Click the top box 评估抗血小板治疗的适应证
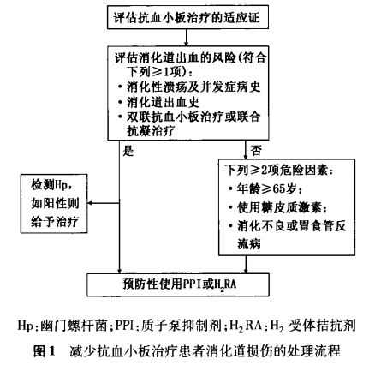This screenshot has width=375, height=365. pos(187,18)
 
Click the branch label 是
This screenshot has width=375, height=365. pos(128,151)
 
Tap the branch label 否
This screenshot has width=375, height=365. pos(256,150)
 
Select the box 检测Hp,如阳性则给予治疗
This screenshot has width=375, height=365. pos(54,204)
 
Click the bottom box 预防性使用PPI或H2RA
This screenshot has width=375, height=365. pos(178,284)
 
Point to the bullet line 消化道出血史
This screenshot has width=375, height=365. pos(159,103)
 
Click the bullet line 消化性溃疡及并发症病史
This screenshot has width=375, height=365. pos(189,87)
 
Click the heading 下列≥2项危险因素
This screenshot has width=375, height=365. pos(279,171)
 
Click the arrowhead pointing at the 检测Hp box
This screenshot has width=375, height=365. pos(90,203)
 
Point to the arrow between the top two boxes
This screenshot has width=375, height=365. pos(186,37)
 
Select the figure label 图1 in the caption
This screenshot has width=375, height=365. pos(44,350)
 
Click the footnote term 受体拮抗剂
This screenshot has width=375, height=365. pos(322,326)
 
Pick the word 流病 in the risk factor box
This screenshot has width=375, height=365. pos(249,244)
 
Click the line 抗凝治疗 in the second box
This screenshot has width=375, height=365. pos(151,131)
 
